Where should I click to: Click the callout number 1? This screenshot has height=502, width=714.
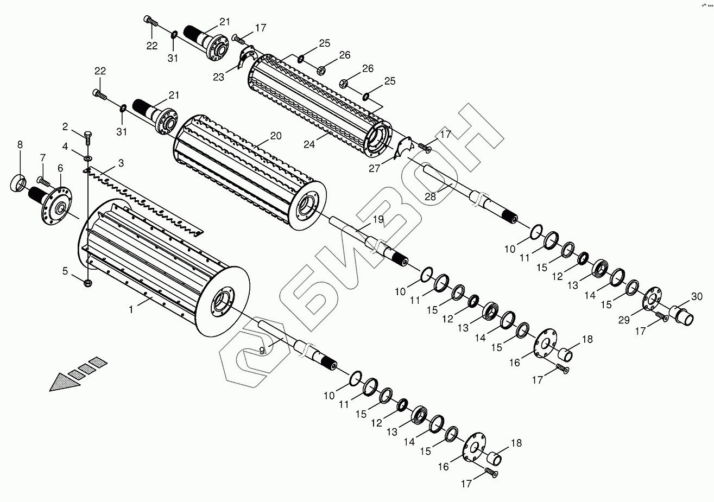tap(131, 309)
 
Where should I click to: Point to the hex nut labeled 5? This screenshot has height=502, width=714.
tap(89, 283)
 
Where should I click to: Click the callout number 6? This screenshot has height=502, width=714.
tap(60, 168)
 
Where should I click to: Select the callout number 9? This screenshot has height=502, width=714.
tap(262, 351)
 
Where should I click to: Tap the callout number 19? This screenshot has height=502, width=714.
tap(378, 219)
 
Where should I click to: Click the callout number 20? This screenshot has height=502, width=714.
tap(276, 136)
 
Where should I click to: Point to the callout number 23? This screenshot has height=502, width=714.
tap(218, 77)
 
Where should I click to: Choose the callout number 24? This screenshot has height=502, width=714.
tap(309, 144)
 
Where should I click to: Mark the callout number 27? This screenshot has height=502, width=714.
tap(375, 168)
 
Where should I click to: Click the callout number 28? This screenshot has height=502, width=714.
tap(430, 196)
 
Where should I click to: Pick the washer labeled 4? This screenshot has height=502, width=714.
tap(88, 158)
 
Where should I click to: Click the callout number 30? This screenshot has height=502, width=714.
tap(697, 296)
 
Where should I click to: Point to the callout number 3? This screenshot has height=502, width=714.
tap(121, 163)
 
